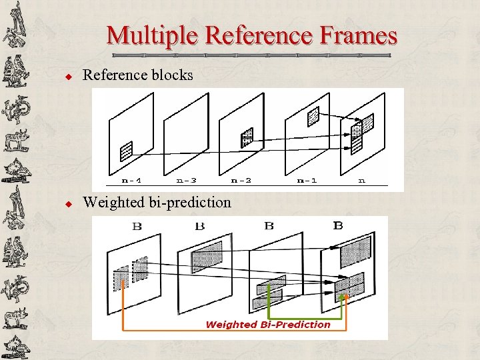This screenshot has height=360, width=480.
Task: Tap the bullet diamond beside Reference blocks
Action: coord(67,77)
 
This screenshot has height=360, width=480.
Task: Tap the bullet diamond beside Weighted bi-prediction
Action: coord(67,203)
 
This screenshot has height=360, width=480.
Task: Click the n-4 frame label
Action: coord(131,180)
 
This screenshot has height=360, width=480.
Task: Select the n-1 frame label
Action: coord(307,180)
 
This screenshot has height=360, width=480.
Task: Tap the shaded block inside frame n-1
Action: coord(313,117)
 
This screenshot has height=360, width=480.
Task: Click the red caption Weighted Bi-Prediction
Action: coord(268,325)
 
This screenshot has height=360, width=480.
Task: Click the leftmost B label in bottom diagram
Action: coord(137,226)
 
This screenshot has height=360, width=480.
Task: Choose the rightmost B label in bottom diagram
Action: coord(338,225)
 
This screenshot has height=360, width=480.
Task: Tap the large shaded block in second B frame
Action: coord(207,255)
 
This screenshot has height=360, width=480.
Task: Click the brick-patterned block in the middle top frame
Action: coord(247,137)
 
